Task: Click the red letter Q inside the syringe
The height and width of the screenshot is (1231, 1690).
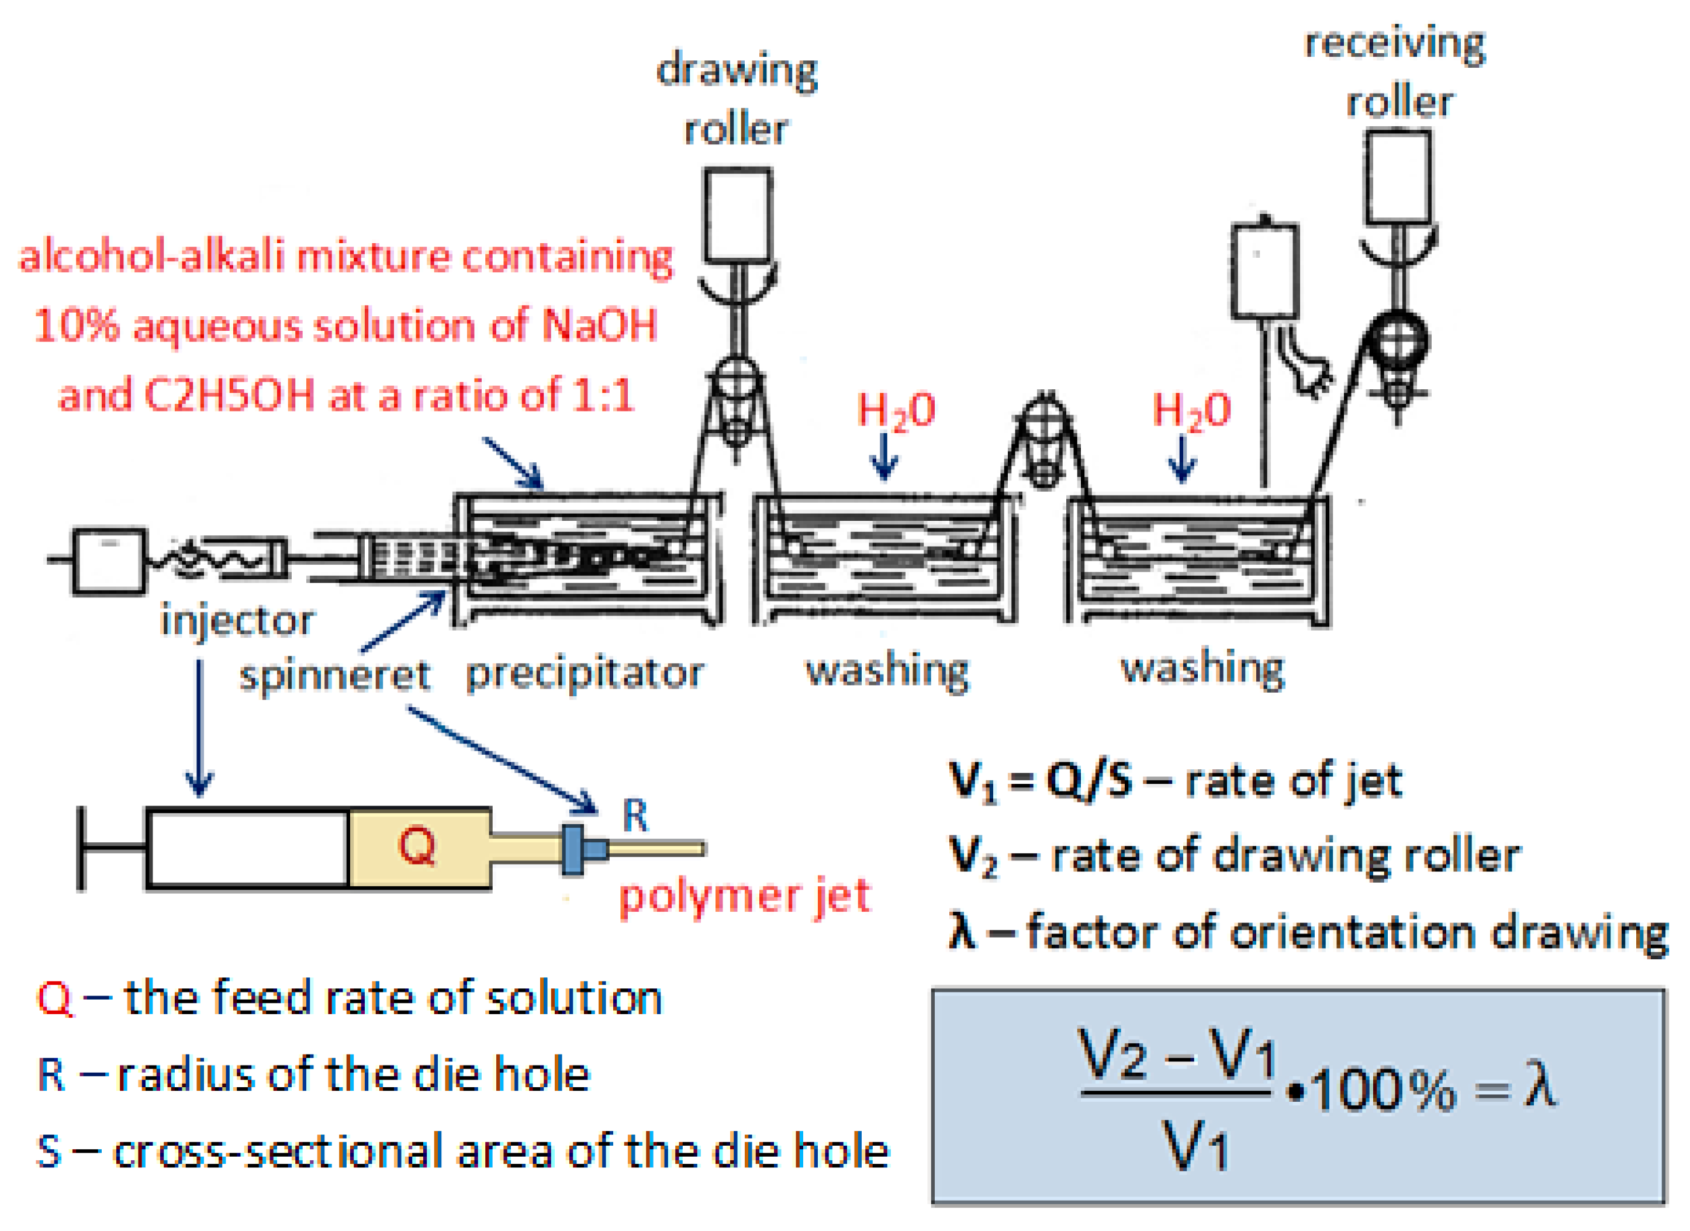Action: tap(417, 846)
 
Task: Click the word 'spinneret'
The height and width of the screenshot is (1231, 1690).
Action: tap(334, 676)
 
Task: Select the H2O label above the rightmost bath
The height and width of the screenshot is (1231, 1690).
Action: tap(1191, 410)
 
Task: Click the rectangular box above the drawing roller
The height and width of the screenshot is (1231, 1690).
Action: tap(738, 215)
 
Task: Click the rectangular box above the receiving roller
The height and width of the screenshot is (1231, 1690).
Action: tap(1398, 177)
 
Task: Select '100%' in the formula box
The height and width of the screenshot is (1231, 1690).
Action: tap(1383, 1091)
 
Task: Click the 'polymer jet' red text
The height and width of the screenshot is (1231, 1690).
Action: tap(744, 897)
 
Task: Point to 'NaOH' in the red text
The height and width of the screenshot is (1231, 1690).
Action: tap(599, 326)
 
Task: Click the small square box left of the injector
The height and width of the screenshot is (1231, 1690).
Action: tap(109, 561)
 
